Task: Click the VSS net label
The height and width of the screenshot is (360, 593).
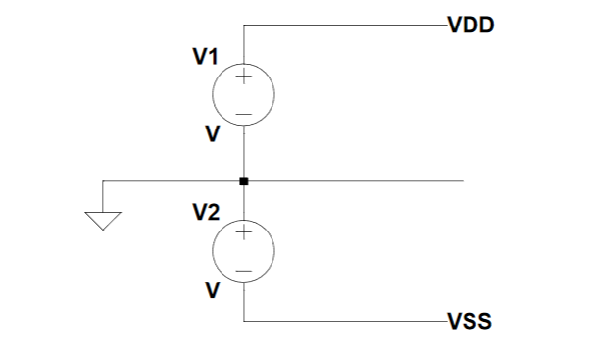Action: point(469,321)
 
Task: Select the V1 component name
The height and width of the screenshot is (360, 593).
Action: point(204,58)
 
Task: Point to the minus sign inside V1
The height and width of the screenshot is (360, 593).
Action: point(244,114)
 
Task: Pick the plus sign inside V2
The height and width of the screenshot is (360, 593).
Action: point(244,234)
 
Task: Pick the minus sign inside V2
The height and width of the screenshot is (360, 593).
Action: point(244,271)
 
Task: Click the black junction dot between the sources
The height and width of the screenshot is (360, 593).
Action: point(244,181)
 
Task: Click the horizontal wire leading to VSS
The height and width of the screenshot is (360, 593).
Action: point(343,321)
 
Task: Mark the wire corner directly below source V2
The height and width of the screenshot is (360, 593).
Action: point(244,321)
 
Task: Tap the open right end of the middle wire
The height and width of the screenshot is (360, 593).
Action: point(462,181)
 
